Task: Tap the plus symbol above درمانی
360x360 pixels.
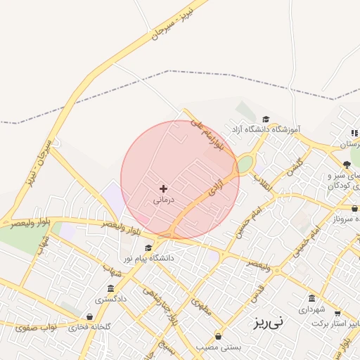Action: [164, 188]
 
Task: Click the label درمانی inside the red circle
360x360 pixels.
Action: [163, 200]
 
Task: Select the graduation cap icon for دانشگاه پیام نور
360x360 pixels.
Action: [148, 247]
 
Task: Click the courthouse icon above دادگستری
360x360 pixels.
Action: [110, 289]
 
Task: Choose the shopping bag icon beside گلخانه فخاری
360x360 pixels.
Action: [89, 317]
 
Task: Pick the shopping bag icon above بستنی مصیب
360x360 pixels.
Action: [218, 336]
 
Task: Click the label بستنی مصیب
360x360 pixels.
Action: [218, 347]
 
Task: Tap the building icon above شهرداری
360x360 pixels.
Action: [312, 298]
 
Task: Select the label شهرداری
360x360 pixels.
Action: [312, 309]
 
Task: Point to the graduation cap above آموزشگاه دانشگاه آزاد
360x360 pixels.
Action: [265, 119]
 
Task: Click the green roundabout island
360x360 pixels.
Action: [244, 164]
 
